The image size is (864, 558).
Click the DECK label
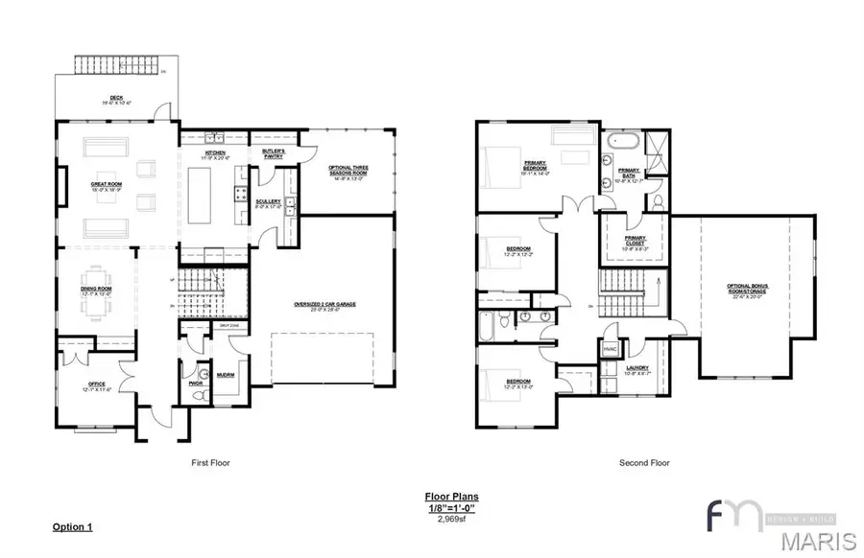point(115,97)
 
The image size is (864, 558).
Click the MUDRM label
point(227,375)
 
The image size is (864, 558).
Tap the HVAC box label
point(609,350)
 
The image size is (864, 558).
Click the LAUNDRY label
point(636,368)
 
